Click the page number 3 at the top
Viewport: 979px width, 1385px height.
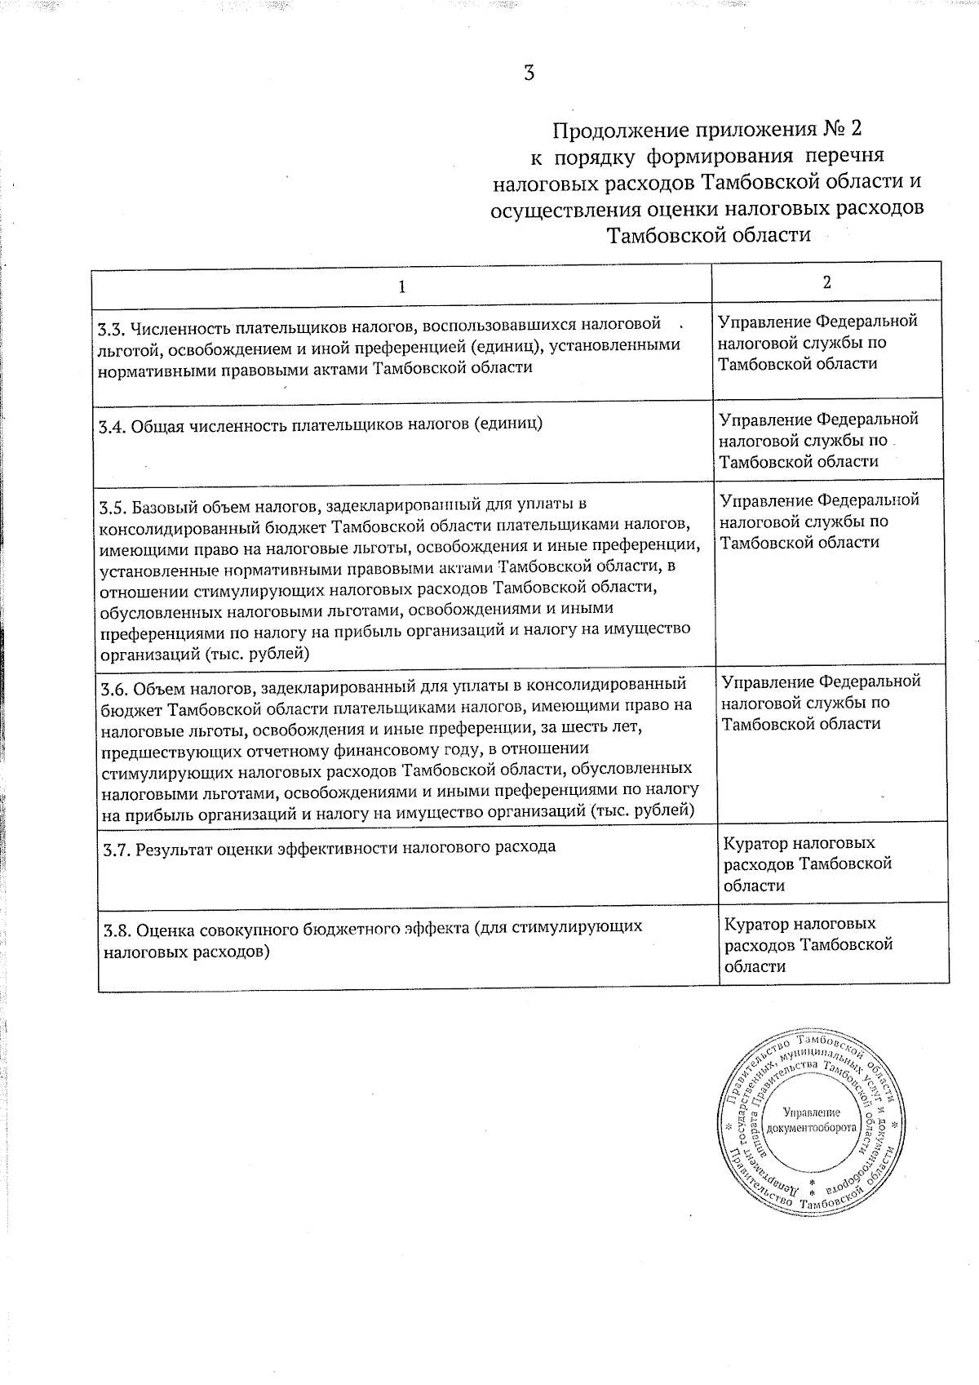[x=529, y=73]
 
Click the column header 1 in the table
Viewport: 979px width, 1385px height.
[x=401, y=286]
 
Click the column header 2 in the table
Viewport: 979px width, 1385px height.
[x=826, y=282]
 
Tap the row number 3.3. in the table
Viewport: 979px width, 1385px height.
[x=110, y=330]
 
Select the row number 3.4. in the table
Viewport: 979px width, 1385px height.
[x=112, y=425]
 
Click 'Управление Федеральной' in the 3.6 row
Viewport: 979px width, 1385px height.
[x=821, y=681]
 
